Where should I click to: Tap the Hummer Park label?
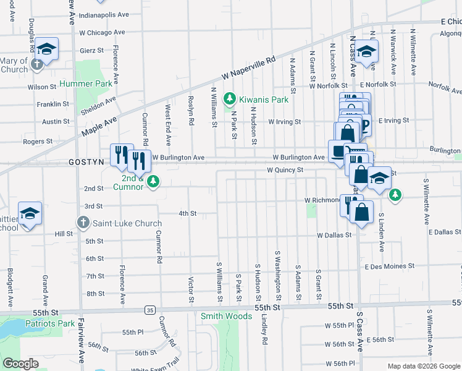85,83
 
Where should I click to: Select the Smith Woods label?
227,316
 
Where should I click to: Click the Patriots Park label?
49,323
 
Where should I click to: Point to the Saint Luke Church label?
127,223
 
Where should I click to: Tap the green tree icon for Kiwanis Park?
230,99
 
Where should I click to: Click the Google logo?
21,364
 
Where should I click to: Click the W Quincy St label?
285,169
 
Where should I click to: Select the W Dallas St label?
334,235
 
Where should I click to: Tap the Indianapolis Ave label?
104,14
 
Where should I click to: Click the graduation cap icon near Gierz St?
47,48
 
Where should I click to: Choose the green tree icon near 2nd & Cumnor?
154,181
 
